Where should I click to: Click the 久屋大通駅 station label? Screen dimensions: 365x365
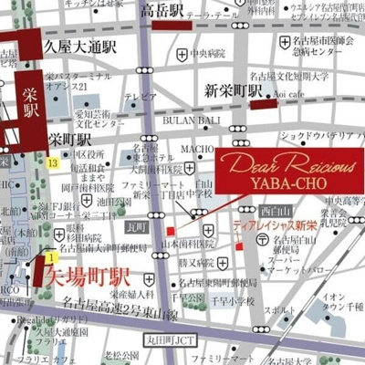79,44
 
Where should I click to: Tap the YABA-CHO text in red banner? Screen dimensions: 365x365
288,179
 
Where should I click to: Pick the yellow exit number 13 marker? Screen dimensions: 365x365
54,162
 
